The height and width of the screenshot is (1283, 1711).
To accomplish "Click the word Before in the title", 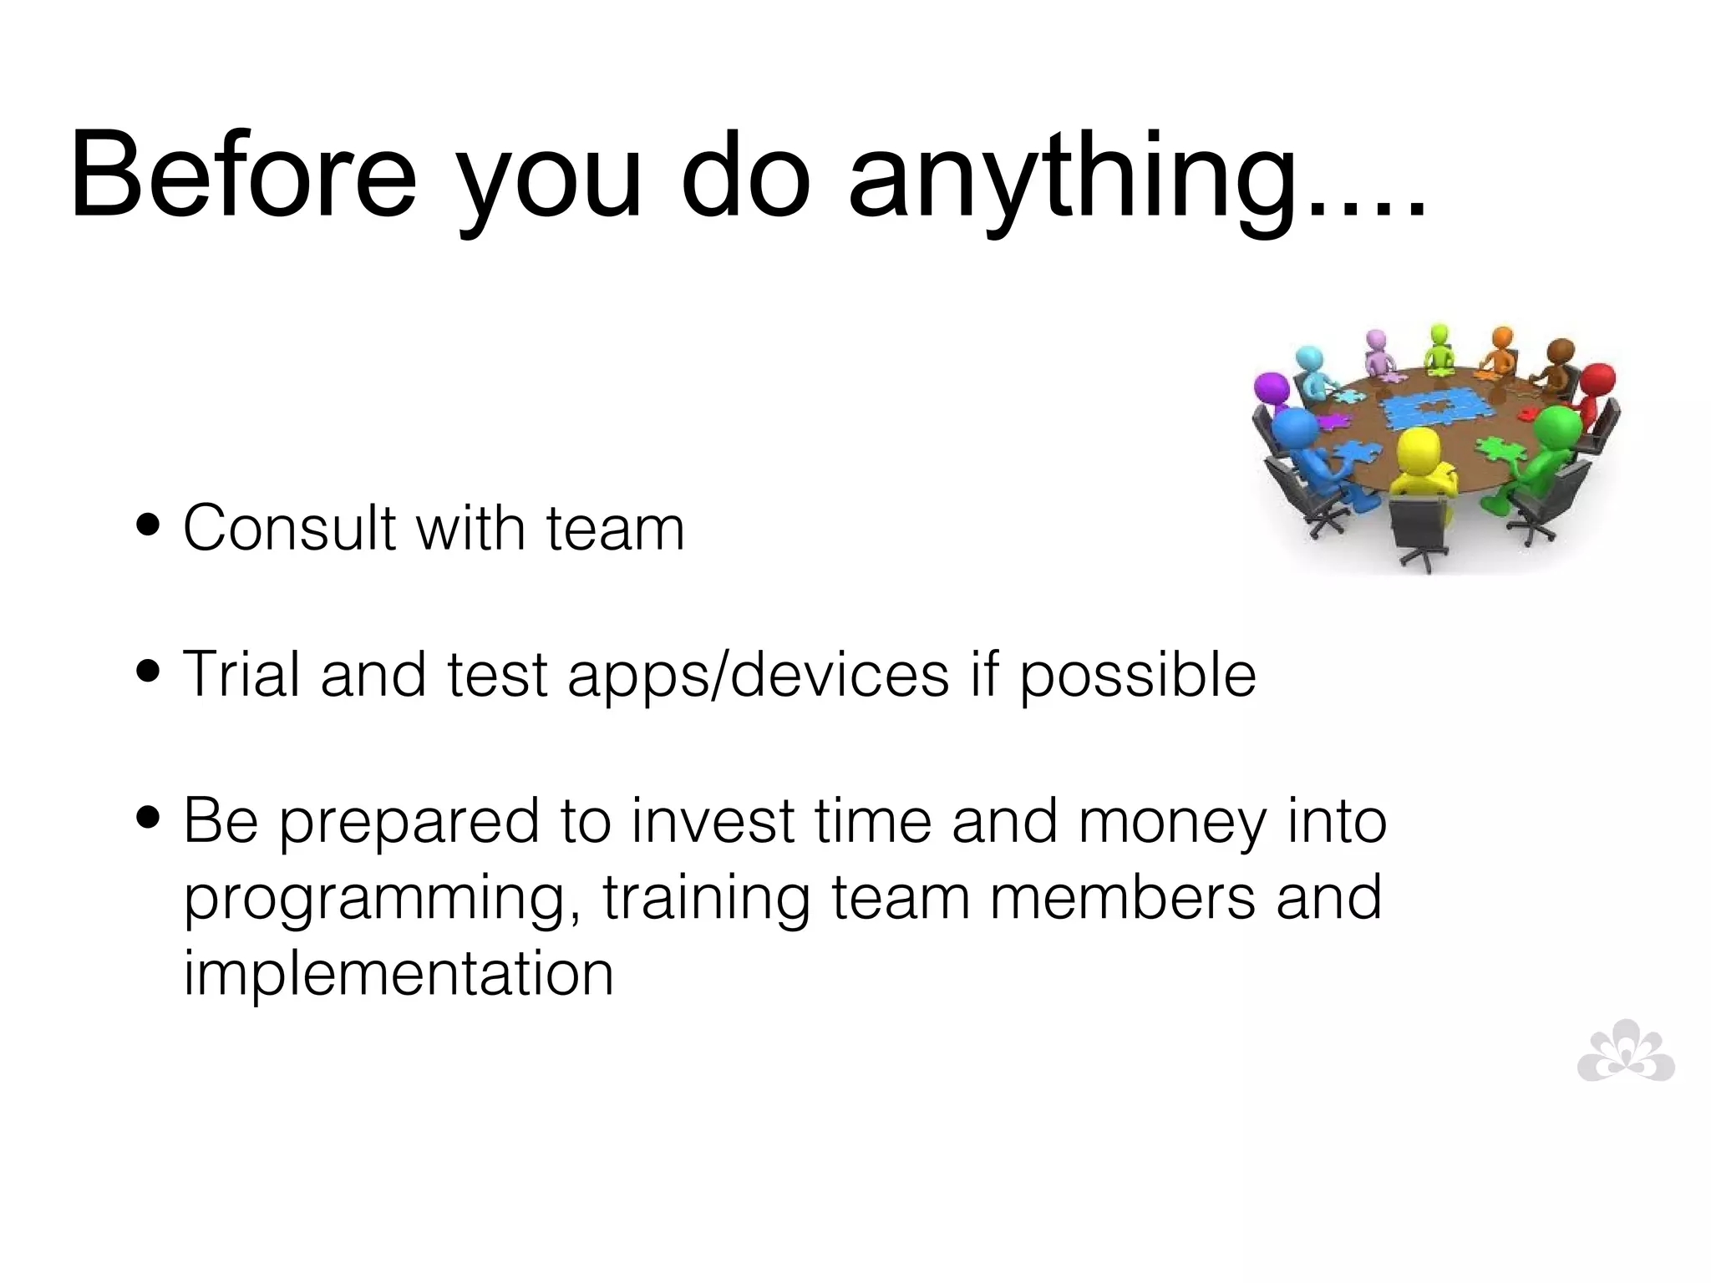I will click(x=242, y=177).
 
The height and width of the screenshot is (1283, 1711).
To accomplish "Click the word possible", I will click(x=1138, y=675).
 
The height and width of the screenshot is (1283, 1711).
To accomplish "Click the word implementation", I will click(x=399, y=973).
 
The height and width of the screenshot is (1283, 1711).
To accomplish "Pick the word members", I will click(x=1123, y=897).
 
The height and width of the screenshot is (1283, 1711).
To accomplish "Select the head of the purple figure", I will click(x=1272, y=388).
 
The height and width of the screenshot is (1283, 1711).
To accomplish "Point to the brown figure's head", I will click(x=1559, y=351).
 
